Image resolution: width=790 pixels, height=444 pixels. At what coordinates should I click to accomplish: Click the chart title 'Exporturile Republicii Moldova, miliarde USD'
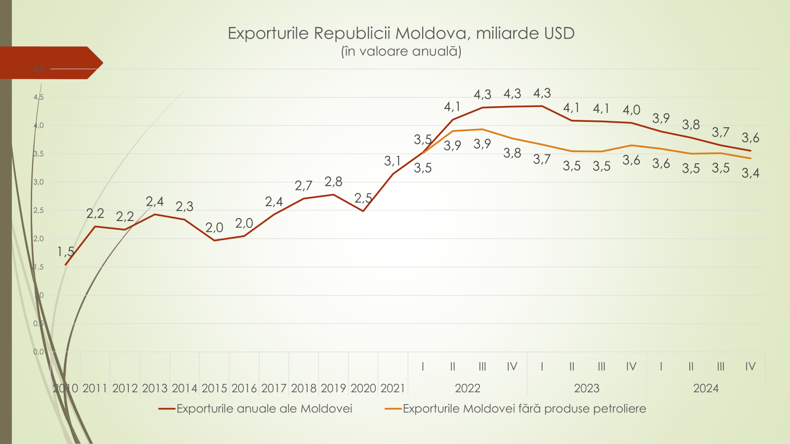401,33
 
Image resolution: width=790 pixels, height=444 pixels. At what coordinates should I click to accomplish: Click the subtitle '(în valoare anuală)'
401,51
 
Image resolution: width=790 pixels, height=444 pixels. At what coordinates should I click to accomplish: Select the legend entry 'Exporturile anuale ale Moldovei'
264,408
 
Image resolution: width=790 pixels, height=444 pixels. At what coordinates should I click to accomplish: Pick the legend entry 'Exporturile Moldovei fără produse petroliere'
524,408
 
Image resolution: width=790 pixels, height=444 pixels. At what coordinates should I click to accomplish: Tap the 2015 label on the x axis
214,388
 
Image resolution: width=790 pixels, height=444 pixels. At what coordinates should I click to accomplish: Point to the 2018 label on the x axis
304,388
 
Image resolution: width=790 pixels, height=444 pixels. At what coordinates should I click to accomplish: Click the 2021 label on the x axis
393,388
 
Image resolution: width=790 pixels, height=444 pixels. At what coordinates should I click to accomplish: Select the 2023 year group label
587,388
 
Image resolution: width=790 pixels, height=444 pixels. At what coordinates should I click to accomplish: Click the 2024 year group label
706,388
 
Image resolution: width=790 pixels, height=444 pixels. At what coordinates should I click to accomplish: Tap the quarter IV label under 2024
750,367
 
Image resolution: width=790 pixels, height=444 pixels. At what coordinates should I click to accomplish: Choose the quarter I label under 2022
423,367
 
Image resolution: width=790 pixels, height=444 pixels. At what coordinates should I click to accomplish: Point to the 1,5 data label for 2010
66,252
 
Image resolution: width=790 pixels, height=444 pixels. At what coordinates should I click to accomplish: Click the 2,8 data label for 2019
333,182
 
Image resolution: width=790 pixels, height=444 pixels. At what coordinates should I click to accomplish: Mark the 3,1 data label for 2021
393,161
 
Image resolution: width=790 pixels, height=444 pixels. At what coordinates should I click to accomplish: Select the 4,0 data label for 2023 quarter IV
631,110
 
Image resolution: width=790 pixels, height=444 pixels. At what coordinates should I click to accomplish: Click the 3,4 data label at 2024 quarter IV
750,173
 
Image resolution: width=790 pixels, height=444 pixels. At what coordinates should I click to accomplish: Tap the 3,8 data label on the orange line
512,153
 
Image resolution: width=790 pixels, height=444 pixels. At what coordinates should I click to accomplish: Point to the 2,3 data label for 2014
184,206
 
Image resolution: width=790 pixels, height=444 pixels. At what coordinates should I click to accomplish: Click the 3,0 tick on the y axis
39,182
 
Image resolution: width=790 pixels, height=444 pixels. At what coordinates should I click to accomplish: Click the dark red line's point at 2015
214,240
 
